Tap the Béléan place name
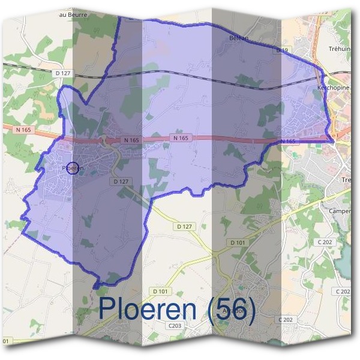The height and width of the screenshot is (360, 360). [239, 38]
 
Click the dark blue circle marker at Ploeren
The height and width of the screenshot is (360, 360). [73, 169]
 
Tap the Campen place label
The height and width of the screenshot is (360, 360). [340, 211]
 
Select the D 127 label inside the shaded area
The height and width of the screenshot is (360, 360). [121, 181]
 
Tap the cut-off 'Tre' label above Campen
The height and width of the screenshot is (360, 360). [347, 179]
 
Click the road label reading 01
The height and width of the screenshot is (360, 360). [6, 341]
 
